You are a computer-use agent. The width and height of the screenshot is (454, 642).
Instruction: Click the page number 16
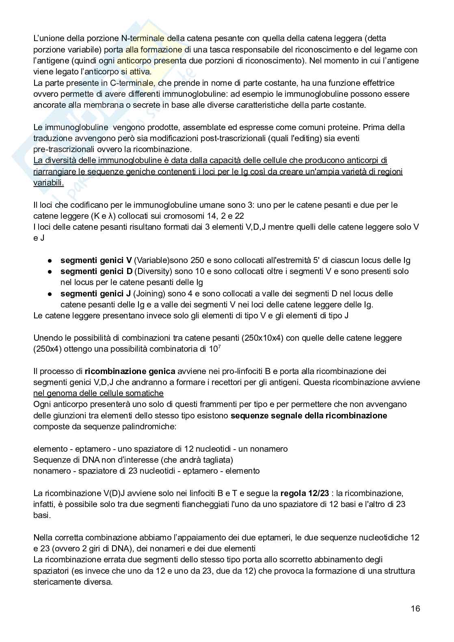(x=415, y=609)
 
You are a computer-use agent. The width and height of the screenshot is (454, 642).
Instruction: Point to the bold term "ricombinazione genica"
(x=130, y=371)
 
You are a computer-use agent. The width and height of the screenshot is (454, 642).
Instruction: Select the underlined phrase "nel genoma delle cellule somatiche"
(x=98, y=393)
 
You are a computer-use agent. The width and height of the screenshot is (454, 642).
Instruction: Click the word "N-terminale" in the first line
(x=143, y=39)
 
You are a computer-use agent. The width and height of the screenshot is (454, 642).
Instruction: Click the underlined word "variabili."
(x=48, y=183)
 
